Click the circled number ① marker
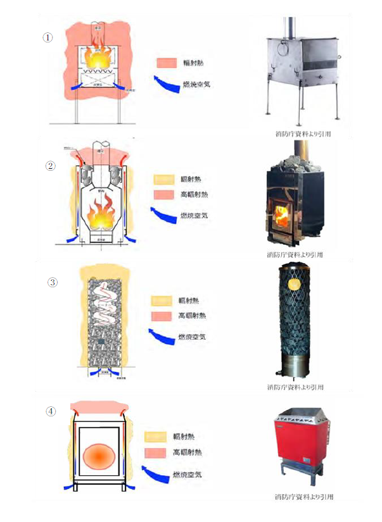point(47,37)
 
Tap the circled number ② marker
point(51,167)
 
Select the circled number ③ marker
point(53,282)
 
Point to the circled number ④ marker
point(51,411)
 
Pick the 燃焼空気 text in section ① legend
point(198,85)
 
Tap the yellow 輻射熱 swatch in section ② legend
point(163,179)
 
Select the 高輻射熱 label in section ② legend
point(194,195)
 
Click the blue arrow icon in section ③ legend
point(161,335)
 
